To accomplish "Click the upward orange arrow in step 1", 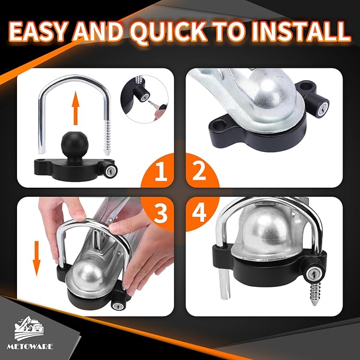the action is (75, 108).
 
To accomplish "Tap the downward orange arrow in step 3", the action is (37, 258).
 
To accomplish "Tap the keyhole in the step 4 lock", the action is (313, 274).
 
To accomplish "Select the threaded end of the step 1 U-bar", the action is (107, 137).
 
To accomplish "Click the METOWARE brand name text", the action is (30, 346).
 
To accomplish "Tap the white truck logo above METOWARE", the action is (29, 328).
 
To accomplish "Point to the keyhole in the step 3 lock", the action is (119, 305).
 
